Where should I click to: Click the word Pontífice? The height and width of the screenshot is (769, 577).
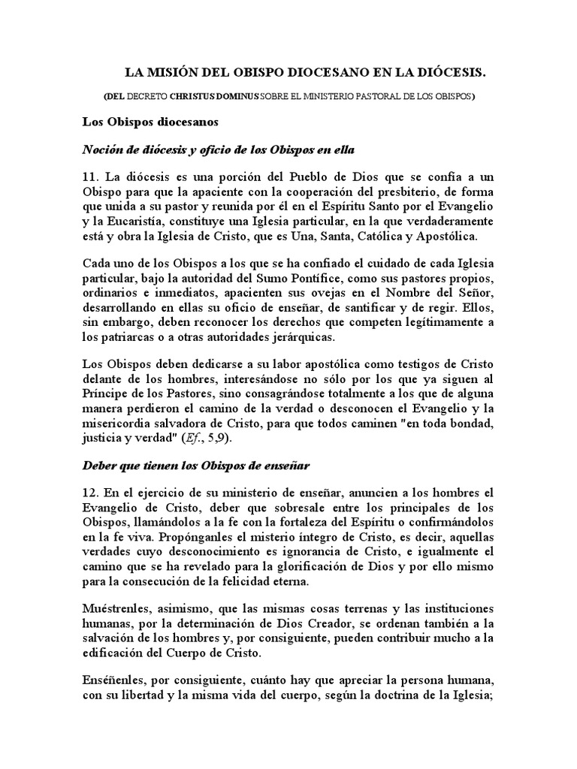(x=305, y=280)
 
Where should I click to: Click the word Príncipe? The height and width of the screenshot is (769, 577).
(x=105, y=394)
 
